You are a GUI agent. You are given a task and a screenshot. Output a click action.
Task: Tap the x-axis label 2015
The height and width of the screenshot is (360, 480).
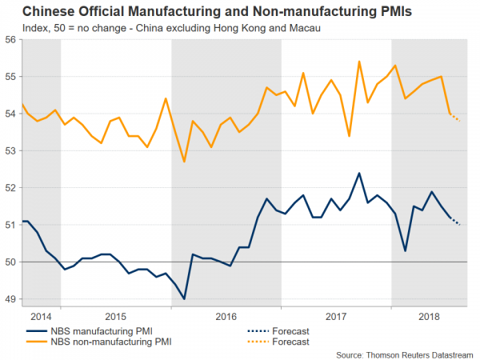117,316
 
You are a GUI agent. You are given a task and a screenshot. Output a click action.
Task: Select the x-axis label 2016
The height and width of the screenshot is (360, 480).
226,316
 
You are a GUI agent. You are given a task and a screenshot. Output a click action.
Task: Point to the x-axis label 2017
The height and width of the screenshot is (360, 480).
336,316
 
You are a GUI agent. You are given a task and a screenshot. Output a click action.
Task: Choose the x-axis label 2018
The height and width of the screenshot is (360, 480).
430,316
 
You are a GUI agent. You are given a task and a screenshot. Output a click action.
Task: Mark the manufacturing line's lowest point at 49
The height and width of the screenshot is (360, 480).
184,298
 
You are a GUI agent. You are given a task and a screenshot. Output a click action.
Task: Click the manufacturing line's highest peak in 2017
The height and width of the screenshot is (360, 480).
358,173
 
